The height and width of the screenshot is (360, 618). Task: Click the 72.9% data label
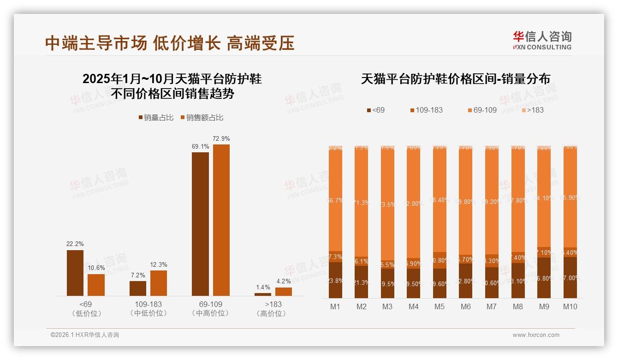point(221,138)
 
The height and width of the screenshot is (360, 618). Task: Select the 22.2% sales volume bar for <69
point(75,273)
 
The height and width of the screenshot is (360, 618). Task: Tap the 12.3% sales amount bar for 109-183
point(159,283)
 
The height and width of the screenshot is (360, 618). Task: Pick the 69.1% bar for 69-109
point(200,224)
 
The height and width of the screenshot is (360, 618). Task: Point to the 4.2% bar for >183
point(284,291)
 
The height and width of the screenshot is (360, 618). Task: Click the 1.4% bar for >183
point(263,294)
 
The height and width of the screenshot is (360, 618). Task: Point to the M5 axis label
point(440,306)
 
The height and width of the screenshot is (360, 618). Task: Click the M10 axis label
point(570,306)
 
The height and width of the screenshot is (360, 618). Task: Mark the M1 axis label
point(335,306)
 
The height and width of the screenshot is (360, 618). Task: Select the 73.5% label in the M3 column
point(387,204)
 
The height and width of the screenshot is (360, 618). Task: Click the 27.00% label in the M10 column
point(570,278)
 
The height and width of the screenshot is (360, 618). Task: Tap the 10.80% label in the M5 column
point(440,260)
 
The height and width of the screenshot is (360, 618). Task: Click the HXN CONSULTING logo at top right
point(542,40)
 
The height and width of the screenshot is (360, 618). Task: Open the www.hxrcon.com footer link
point(536,335)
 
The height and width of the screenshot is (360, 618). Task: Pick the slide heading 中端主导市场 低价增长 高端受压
point(170,43)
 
